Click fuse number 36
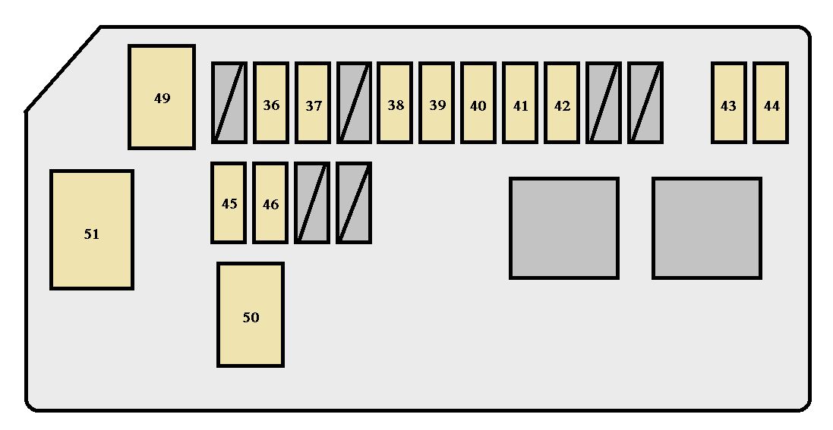click(271, 103)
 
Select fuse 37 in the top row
click(313, 103)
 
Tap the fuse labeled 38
click(395, 103)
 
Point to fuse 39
click(437, 103)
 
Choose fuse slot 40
click(478, 103)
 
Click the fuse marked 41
click(520, 103)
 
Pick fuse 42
click(561, 103)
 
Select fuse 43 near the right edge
click(729, 103)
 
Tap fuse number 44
click(771, 103)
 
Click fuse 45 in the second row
click(229, 202)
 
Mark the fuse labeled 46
click(270, 202)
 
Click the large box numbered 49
click(162, 97)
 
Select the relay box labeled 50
click(251, 315)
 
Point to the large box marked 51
click(92, 230)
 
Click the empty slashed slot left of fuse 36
click(229, 103)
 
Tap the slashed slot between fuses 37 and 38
click(354, 103)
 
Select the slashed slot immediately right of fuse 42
click(604, 103)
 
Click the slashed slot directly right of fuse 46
click(312, 202)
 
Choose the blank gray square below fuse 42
click(564, 228)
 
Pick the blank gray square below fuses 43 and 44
click(707, 228)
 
